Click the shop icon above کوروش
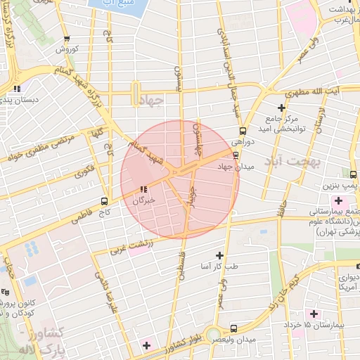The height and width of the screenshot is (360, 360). (x=66, y=39)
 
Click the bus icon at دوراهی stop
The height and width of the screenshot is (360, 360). (x=243, y=130)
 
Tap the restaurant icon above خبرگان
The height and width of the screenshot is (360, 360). (x=143, y=188)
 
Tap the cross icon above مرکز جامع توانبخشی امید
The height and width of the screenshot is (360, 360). (x=281, y=108)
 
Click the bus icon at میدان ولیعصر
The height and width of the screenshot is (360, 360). (x=234, y=328)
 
